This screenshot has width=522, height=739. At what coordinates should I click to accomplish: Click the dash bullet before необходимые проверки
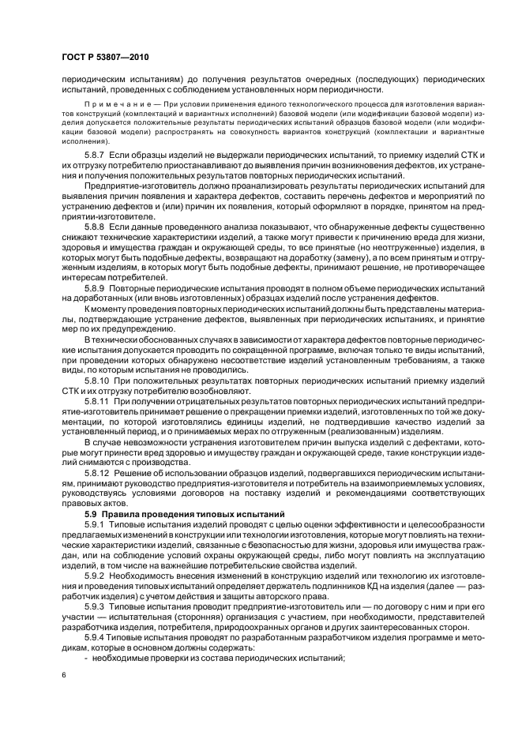[86, 660]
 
